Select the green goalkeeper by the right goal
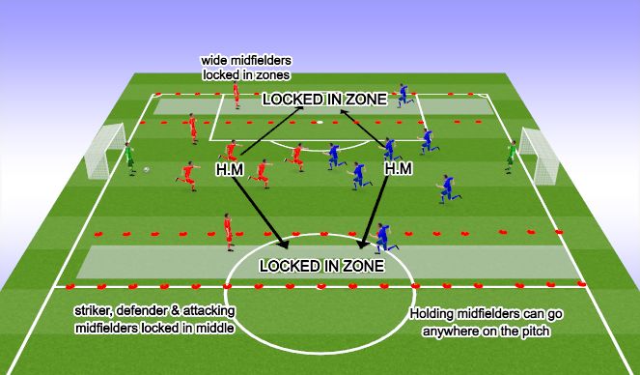(x=510, y=156)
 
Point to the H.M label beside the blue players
(x=398, y=168)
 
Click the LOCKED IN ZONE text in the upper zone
(x=324, y=99)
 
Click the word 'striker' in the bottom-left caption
(x=93, y=312)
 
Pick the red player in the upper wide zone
(x=236, y=94)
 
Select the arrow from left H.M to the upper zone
(x=273, y=130)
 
